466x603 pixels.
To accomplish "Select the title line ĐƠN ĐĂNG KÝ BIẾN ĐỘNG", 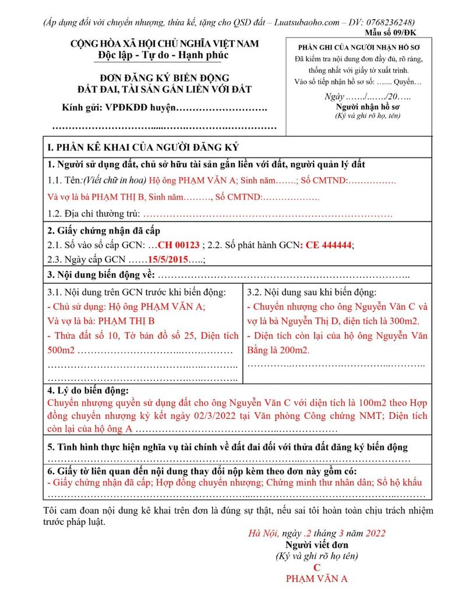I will [x=164, y=77].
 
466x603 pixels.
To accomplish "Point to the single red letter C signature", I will [x=317, y=567].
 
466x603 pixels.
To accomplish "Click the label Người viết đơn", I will [x=317, y=545].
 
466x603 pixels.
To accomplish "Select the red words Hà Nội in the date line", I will [x=260, y=533].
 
